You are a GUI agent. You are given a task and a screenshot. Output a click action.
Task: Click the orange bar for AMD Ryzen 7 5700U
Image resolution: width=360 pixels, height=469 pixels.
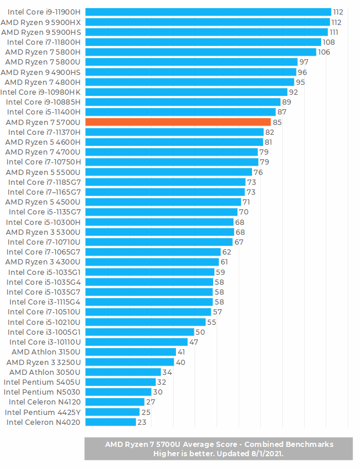[178, 122]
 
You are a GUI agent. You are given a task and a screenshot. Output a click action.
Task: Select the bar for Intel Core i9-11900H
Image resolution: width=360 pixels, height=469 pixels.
[208, 12]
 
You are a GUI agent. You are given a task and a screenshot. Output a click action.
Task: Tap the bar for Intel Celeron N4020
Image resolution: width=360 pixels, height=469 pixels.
[110, 422]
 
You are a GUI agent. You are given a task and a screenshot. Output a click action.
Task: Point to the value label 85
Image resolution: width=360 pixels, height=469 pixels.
[277, 122]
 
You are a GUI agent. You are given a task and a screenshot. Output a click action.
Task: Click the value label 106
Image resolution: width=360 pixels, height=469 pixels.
[324, 52]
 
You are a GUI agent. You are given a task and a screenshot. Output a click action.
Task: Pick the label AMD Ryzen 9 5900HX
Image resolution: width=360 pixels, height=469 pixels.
[41, 22]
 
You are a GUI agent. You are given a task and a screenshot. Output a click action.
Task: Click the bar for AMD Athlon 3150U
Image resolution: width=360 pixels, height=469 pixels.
[130, 352]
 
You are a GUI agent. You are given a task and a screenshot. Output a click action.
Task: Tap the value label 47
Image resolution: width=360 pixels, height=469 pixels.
[194, 342]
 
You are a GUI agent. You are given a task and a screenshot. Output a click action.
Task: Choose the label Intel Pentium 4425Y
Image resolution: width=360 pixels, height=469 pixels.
[43, 412]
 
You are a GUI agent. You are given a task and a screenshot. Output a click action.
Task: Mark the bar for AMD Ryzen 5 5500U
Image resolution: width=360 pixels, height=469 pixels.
[168, 172]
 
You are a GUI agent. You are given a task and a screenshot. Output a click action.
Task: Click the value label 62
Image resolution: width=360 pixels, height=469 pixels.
[226, 252]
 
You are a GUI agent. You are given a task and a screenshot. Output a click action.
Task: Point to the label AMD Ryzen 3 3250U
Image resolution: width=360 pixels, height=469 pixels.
[44, 362]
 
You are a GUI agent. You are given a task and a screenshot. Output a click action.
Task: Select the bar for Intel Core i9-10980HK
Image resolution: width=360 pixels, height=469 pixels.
[186, 92]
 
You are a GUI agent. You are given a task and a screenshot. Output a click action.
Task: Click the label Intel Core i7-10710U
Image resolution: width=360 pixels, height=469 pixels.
[44, 242]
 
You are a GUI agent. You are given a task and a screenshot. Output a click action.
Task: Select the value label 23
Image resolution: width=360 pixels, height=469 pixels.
[142, 422]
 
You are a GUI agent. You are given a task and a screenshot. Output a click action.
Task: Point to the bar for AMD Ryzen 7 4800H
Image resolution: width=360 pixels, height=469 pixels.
[190, 82]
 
